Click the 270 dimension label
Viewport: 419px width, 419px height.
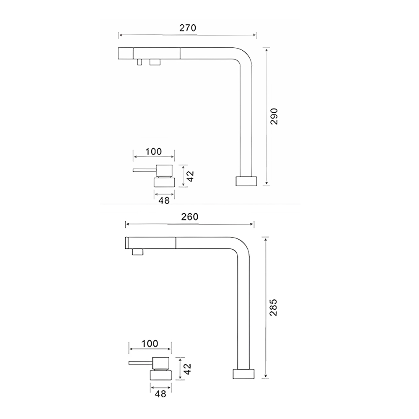coord(188,28)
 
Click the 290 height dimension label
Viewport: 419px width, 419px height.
coord(274,116)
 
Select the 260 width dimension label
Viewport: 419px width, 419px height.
coord(189,217)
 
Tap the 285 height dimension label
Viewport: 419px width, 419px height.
coord(273,308)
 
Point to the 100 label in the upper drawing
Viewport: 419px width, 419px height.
coord(153,152)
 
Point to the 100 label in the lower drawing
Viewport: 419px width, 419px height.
coord(150,344)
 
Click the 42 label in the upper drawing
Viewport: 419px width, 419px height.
coord(190,176)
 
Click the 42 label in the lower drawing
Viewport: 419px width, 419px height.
coord(187,369)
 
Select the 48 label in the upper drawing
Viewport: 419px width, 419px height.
coord(164,200)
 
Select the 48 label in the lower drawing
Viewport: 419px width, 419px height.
coord(160,393)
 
